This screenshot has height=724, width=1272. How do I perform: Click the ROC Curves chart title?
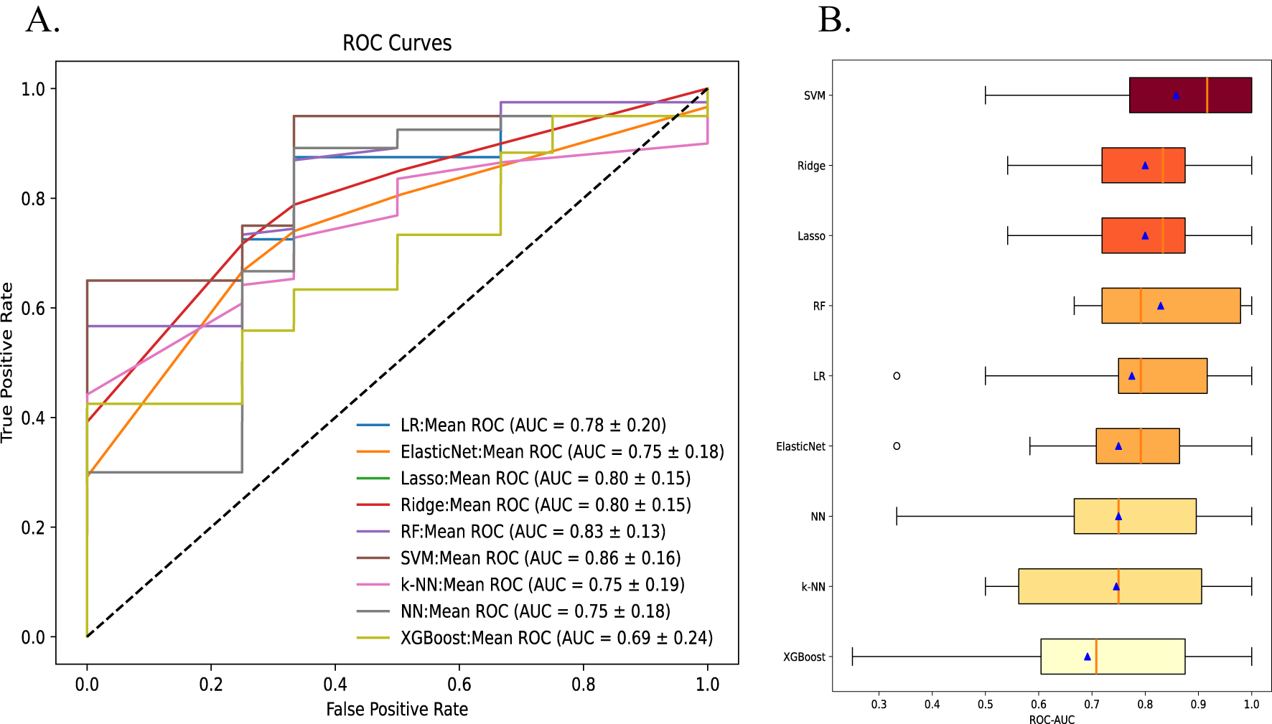coord(397,43)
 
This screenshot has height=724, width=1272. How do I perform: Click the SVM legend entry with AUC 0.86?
coord(540,558)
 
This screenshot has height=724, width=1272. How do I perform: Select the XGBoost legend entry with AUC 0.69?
coord(556,638)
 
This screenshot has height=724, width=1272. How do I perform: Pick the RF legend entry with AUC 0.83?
coord(533,532)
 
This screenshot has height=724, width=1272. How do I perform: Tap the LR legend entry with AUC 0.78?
coord(533,426)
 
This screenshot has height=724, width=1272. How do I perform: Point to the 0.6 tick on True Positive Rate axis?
coord(33,309)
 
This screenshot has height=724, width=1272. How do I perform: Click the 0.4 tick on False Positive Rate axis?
coord(335,685)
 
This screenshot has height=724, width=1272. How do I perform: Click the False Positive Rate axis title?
coord(397,710)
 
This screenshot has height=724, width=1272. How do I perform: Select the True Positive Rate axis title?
coord(8,362)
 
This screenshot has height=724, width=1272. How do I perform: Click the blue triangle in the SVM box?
coord(1176,95)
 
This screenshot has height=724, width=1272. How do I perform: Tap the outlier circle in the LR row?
coord(897,376)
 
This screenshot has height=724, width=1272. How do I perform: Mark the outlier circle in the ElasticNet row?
coord(897,446)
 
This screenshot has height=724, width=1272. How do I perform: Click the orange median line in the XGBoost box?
coord(1096,657)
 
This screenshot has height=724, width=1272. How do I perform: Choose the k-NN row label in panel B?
coord(813,587)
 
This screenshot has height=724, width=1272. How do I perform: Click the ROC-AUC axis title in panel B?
coord(1052,719)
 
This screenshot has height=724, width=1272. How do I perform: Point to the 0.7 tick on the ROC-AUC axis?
coord(1092,705)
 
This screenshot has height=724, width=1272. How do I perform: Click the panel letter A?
coord(42,20)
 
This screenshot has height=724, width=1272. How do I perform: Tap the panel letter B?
coord(834,20)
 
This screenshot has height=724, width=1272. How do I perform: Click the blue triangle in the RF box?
coord(1161,306)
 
